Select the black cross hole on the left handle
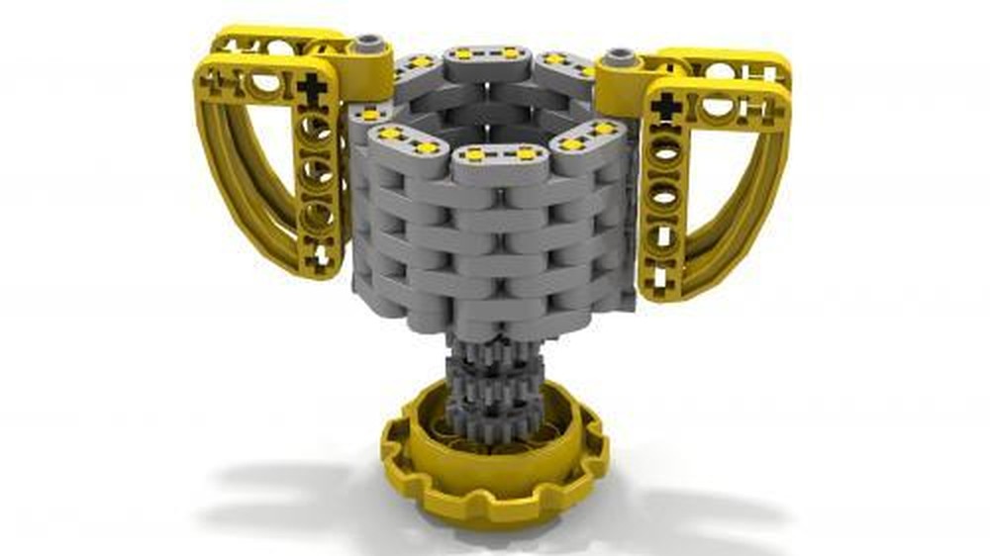click(316, 90)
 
